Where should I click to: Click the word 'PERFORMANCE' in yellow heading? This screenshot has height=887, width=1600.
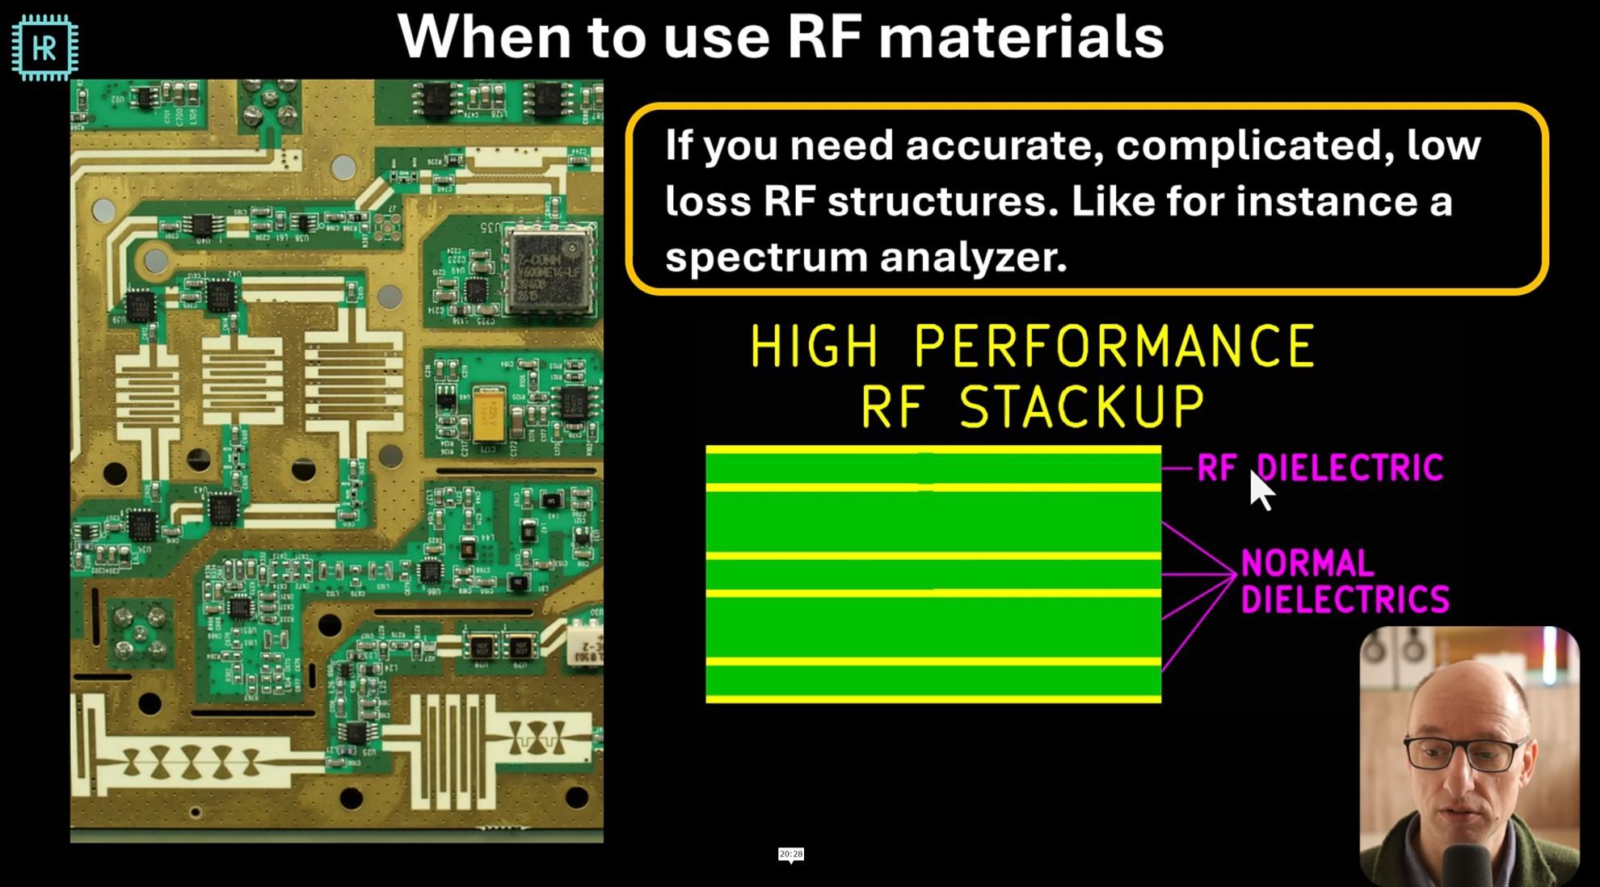[1114, 346]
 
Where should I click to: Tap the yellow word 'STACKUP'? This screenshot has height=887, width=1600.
[1082, 406]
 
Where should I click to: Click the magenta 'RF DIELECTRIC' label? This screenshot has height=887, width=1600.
[1320, 468]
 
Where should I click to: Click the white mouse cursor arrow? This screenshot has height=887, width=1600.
[1260, 490]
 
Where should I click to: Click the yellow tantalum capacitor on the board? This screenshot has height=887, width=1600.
[488, 415]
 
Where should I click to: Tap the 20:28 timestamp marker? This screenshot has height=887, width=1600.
[791, 854]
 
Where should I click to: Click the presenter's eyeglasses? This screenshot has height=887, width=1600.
[1464, 755]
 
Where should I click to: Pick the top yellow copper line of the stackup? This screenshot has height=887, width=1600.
[933, 449]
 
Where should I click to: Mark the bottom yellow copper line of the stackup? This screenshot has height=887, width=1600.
[933, 699]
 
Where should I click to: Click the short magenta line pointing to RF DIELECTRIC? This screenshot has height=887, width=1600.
[1177, 468]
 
